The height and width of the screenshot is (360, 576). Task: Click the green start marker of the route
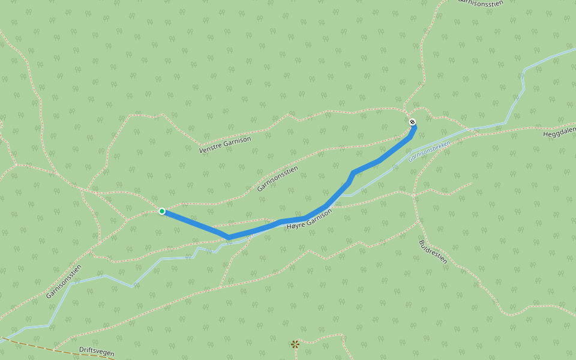162,211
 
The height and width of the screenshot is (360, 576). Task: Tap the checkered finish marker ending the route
412,122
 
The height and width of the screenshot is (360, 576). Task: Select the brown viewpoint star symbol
295,344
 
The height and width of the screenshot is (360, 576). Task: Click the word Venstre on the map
211,147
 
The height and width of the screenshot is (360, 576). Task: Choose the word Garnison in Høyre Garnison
320,216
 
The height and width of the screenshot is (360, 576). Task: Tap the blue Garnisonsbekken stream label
429,151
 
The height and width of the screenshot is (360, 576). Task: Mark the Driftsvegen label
97,351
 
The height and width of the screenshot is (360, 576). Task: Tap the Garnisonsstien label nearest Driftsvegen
63,281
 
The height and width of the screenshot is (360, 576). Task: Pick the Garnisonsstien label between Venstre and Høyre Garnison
277,179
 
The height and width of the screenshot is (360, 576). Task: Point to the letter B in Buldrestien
422,242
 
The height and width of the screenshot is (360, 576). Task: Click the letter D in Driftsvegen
81,349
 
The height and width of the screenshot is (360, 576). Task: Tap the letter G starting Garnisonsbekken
410,160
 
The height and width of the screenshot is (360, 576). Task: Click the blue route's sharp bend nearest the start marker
229,237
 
